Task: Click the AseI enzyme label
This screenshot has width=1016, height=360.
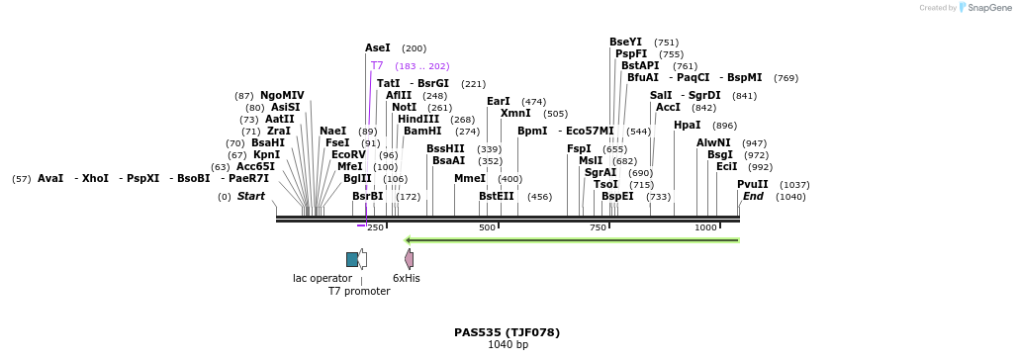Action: [378, 47]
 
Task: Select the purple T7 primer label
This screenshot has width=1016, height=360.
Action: [377, 65]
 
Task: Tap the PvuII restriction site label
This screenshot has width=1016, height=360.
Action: [752, 184]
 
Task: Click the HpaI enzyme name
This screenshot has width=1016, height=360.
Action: [687, 125]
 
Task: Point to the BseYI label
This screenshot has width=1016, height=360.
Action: [625, 42]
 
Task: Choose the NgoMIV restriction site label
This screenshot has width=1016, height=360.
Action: [282, 95]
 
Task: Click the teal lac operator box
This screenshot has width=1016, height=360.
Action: [352, 259]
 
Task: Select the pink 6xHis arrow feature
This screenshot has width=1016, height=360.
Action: [410, 259]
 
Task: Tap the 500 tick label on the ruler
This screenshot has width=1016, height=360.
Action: [487, 227]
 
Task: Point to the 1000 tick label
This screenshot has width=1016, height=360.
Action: [705, 227]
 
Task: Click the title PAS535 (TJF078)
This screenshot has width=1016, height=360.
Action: [507, 332]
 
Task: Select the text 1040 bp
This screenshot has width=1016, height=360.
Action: [508, 345]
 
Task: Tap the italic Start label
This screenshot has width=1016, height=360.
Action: [250, 196]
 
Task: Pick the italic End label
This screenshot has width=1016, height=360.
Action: [753, 196]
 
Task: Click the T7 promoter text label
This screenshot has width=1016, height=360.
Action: [359, 292]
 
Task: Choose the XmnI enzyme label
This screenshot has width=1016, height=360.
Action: [515, 113]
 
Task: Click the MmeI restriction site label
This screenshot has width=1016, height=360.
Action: [469, 178]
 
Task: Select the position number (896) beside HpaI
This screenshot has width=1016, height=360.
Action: [724, 126]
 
